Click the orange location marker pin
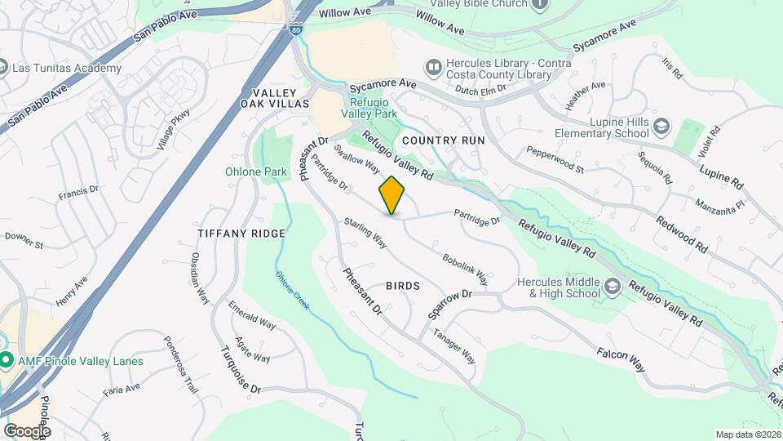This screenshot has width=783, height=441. pyautogui.click(x=392, y=194)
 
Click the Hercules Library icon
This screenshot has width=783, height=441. pyautogui.click(x=433, y=65)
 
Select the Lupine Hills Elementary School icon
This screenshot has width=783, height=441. pyautogui.click(x=660, y=126)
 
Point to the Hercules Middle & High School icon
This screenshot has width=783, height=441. pyautogui.click(x=613, y=287)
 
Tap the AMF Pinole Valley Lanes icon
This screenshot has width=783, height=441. pyautogui.click(x=7, y=360)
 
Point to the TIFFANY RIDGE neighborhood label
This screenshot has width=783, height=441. pyautogui.click(x=241, y=234)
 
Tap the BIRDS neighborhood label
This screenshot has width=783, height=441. pyautogui.click(x=403, y=286)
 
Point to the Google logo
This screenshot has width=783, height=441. pyautogui.click(x=26, y=430)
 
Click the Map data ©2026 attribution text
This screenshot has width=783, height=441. pyautogui.click(x=747, y=434)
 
